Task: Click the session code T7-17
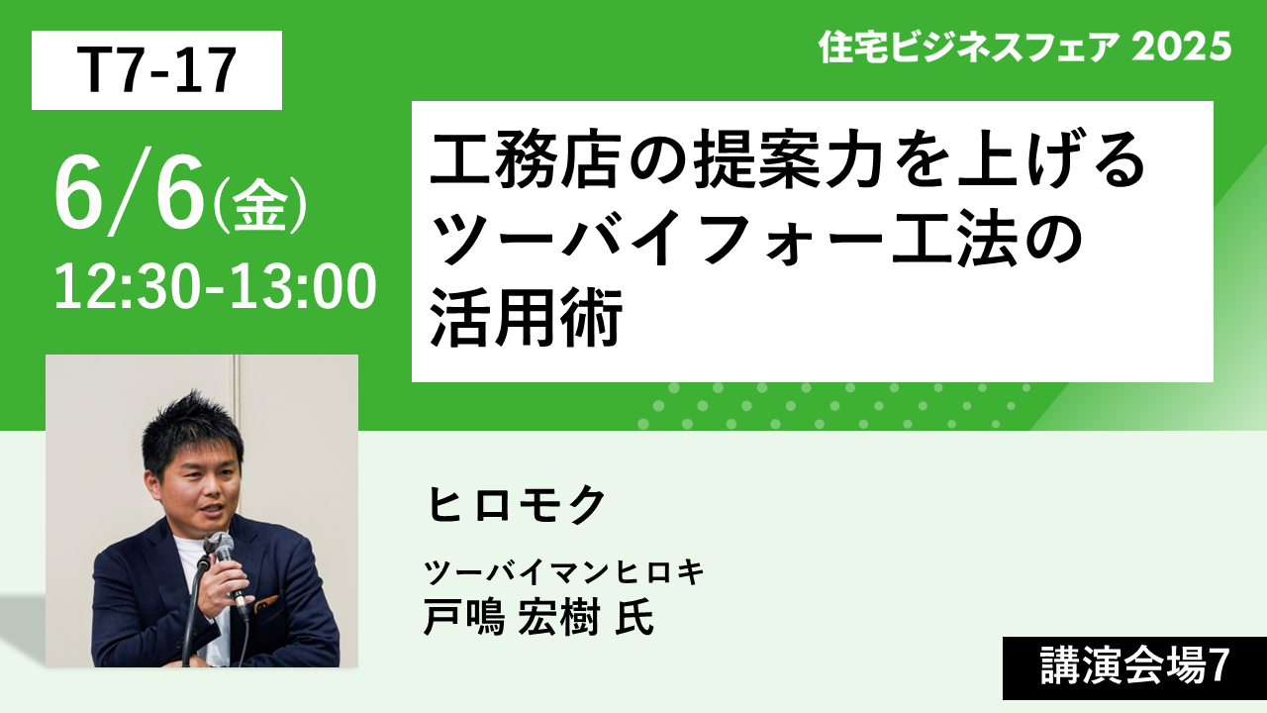click(x=156, y=70)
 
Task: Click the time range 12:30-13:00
click(x=216, y=287)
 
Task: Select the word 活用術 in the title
click(x=526, y=317)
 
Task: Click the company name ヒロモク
click(x=517, y=504)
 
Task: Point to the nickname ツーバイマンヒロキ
click(x=564, y=571)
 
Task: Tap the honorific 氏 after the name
click(x=634, y=617)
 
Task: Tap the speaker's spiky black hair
click(x=191, y=430)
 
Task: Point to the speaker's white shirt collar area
click(x=187, y=552)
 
